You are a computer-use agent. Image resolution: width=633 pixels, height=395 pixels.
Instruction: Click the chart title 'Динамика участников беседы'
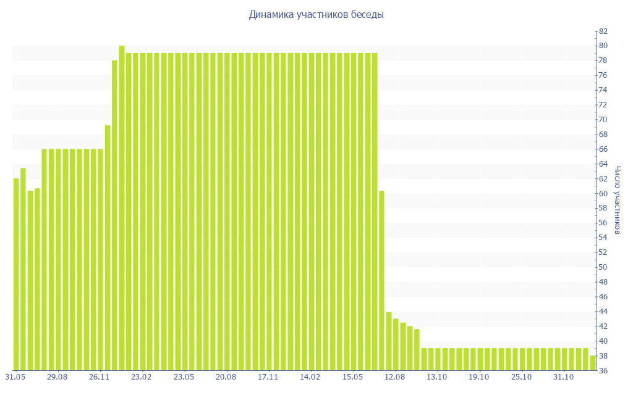(x=316, y=15)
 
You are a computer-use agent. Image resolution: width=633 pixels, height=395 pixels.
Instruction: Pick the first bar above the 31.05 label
(x=16, y=274)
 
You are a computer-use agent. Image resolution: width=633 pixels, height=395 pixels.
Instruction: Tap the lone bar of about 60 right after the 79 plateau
(x=381, y=280)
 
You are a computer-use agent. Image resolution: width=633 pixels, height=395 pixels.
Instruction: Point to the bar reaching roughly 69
(x=108, y=247)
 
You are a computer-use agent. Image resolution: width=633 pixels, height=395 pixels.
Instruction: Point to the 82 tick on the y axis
(x=602, y=31)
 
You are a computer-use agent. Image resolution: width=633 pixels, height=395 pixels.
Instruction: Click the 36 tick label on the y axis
(x=602, y=370)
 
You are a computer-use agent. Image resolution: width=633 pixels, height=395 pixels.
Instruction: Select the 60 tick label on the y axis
(x=602, y=193)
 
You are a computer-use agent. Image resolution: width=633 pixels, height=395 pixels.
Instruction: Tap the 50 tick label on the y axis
(x=602, y=267)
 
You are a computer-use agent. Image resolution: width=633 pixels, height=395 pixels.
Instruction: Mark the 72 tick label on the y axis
(x=602, y=105)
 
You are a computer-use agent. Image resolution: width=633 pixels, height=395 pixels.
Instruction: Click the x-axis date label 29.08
(x=57, y=376)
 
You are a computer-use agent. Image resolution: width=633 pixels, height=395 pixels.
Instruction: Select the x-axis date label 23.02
(x=142, y=376)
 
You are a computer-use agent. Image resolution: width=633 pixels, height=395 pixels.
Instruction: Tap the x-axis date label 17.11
(x=268, y=376)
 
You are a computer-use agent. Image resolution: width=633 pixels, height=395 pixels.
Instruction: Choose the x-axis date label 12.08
(x=394, y=376)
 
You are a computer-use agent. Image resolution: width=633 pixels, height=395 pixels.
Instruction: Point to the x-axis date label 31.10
(x=564, y=376)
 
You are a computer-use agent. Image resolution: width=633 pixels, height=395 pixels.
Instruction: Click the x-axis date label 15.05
(x=352, y=376)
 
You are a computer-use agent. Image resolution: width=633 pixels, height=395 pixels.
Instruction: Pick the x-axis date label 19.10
(x=479, y=376)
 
